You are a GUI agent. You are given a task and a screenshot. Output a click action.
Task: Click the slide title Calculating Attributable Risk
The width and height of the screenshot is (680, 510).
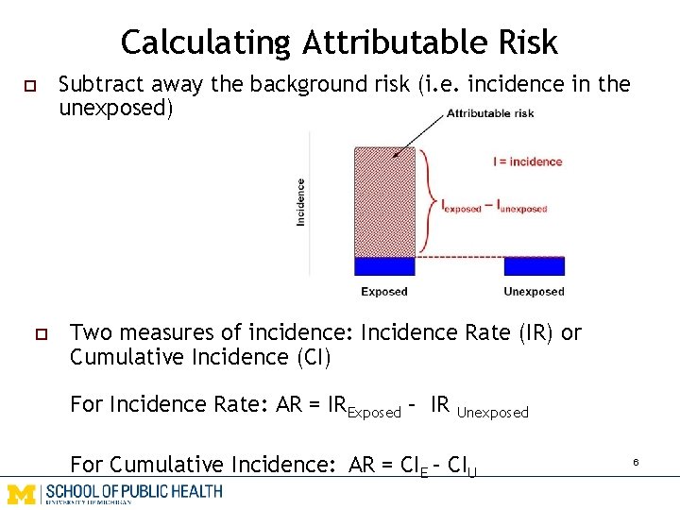(339, 42)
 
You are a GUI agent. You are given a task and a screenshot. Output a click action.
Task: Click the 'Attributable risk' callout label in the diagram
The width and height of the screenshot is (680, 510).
(490, 113)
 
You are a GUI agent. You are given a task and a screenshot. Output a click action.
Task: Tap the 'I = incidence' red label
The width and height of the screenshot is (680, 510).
(527, 161)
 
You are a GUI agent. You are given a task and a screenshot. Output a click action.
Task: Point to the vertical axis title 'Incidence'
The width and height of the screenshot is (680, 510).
(301, 201)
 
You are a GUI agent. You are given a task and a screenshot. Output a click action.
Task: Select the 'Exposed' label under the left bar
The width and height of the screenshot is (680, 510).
(383, 292)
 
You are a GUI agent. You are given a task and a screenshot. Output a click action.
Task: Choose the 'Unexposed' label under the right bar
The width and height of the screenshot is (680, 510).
(534, 292)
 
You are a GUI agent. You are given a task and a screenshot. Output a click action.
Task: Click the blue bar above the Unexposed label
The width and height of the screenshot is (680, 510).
(534, 265)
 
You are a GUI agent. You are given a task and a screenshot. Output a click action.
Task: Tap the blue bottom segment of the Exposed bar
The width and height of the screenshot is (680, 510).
(383, 265)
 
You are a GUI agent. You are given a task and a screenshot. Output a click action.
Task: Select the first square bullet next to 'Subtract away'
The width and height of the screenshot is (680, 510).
(29, 86)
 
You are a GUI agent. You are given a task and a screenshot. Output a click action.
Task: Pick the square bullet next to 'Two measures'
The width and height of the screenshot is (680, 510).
(41, 333)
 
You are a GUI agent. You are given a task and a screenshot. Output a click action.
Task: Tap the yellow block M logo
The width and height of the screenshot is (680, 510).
(21, 493)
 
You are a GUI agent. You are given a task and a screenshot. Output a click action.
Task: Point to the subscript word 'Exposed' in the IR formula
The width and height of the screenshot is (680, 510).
(375, 412)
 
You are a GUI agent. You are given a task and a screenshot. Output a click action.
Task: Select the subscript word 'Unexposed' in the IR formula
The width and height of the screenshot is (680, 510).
(492, 412)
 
